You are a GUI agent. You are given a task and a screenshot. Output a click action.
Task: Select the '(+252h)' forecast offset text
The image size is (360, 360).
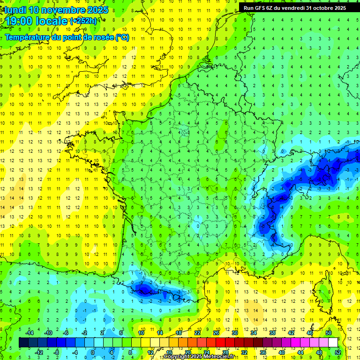coord(84,21)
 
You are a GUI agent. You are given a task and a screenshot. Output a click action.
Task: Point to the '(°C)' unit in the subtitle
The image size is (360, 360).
coord(122,37)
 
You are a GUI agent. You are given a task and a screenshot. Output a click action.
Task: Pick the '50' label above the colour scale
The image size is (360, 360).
coord(329,333)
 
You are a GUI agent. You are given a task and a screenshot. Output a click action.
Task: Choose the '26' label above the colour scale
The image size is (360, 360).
coord(216,333)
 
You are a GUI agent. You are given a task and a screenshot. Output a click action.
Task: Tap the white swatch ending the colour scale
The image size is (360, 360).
coord(333,343)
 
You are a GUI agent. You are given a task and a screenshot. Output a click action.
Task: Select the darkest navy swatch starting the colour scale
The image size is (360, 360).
coord(23,343)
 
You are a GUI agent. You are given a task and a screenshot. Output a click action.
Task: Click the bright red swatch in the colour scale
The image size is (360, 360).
coord(221,343)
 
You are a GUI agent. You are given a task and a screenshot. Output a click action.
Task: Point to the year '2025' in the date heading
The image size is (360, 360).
coord(97,10)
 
